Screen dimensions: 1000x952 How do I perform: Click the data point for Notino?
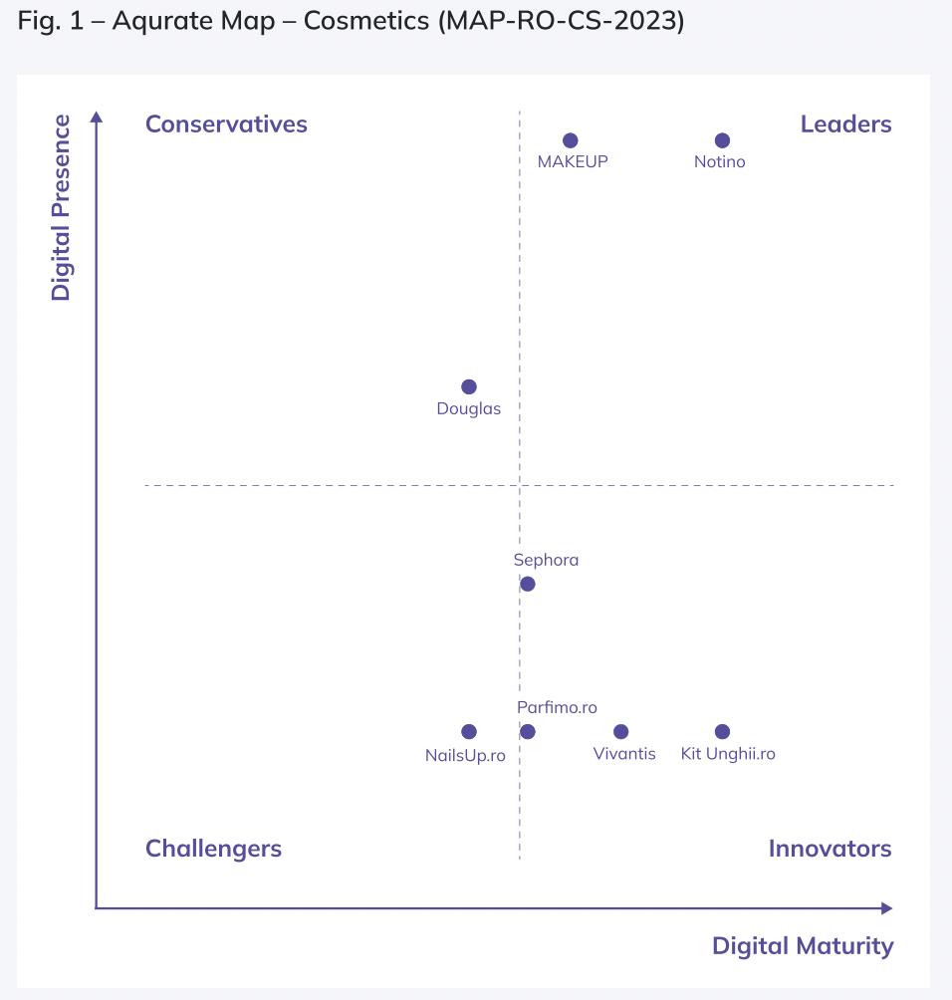pyautogui.click(x=723, y=140)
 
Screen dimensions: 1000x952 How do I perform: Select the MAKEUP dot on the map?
pyautogui.click(x=570, y=140)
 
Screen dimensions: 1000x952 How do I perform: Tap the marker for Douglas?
pyautogui.click(x=469, y=386)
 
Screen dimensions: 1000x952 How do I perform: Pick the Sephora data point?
pyautogui.click(x=528, y=584)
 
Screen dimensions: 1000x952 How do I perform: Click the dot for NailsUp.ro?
pyautogui.click(x=469, y=732)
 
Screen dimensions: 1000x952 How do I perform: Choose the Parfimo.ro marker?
pyautogui.click(x=528, y=732)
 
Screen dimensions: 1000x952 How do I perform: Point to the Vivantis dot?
pyautogui.click(x=621, y=732)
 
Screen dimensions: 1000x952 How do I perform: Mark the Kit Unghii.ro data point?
pyautogui.click(x=723, y=732)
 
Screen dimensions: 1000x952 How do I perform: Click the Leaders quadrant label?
pyautogui.click(x=845, y=125)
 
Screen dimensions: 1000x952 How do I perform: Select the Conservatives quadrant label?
pyautogui.click(x=226, y=125)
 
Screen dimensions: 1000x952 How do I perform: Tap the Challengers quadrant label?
pyautogui.click(x=213, y=849)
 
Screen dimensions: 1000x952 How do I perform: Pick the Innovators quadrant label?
pyautogui.click(x=830, y=849)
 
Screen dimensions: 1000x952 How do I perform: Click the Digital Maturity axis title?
pyautogui.click(x=803, y=946)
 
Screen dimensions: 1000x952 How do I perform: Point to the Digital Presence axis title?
pyautogui.click(x=62, y=207)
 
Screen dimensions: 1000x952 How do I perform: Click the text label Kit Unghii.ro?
pyautogui.click(x=728, y=754)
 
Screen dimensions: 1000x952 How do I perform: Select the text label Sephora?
pyautogui.click(x=546, y=560)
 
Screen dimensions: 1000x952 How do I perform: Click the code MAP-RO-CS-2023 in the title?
pyautogui.click(x=560, y=22)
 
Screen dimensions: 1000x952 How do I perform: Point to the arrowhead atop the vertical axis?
pyautogui.click(x=97, y=117)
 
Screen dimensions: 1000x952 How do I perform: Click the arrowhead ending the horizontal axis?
pyautogui.click(x=886, y=908)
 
